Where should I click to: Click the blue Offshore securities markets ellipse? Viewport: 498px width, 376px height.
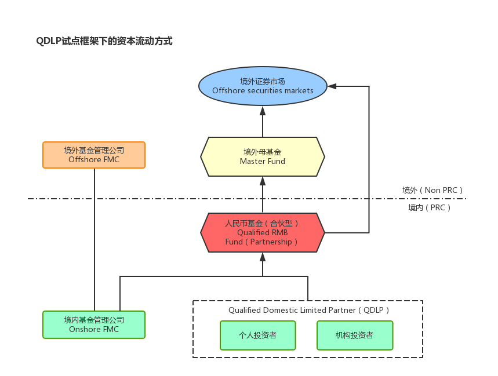263,86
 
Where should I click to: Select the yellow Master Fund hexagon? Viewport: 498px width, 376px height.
263,156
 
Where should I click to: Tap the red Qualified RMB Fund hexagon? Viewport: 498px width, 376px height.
263,232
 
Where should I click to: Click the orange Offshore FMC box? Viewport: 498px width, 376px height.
94,155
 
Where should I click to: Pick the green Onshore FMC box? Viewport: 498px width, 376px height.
94,324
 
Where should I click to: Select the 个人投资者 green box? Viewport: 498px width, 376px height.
258,335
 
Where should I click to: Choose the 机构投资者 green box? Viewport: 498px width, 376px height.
355,335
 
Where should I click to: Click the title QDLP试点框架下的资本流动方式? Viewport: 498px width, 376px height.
104,41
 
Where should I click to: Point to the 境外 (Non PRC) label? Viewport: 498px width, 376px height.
432,190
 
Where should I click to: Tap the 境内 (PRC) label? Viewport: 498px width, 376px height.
430,207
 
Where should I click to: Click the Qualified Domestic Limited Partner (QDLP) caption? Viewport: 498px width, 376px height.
308,310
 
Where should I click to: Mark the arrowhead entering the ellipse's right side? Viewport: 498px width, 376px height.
332,86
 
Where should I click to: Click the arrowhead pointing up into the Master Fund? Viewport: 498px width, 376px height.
263,181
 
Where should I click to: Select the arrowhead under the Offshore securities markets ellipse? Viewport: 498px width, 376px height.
263,110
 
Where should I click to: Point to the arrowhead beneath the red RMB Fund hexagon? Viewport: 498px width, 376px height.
263,257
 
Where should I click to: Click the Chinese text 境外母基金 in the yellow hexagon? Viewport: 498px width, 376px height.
263,152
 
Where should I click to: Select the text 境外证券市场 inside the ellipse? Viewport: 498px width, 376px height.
263,81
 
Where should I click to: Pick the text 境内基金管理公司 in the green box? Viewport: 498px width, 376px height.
94,320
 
